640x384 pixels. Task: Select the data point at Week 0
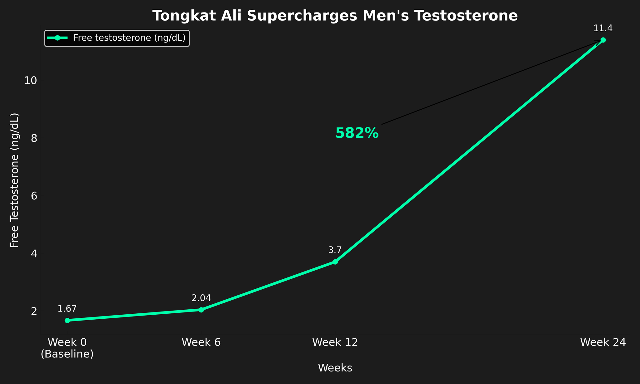click(67, 320)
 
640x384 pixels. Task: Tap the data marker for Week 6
click(201, 310)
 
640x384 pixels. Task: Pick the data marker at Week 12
click(335, 262)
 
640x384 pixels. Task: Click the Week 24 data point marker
click(603, 40)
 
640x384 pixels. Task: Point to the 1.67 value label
click(67, 309)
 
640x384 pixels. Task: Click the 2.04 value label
click(201, 298)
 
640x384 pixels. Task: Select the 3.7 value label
click(335, 250)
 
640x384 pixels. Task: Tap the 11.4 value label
click(603, 28)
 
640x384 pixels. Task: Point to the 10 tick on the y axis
click(31, 81)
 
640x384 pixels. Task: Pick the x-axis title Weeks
click(335, 368)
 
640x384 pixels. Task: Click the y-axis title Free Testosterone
click(15, 180)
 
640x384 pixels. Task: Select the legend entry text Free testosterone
click(129, 38)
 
